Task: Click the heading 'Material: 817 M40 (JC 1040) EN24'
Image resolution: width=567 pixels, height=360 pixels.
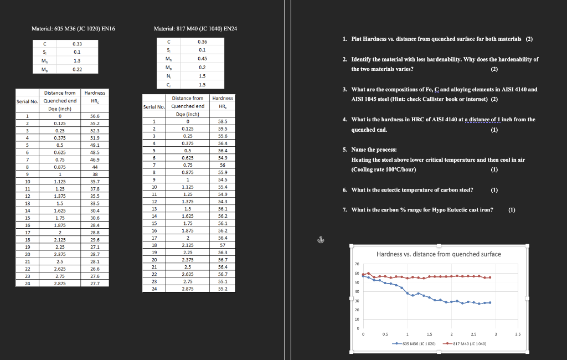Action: [x=195, y=28]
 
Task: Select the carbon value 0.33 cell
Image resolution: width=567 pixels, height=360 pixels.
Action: [x=77, y=43]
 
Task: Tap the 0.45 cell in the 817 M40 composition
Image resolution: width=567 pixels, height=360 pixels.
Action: [x=202, y=58]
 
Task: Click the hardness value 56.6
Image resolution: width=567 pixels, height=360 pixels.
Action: [x=95, y=116]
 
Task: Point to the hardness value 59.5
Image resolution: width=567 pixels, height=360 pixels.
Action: [x=223, y=128]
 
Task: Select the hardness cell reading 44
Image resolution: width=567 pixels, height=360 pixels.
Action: [x=95, y=167]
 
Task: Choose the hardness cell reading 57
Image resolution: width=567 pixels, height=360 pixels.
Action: [x=223, y=244]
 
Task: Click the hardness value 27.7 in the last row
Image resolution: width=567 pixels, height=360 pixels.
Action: [x=95, y=283]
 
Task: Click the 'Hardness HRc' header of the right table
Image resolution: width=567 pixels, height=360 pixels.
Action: [x=223, y=102]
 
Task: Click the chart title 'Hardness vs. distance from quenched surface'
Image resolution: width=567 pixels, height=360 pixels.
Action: [x=439, y=254]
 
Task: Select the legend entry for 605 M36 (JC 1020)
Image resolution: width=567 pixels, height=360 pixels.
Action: [x=417, y=344]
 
